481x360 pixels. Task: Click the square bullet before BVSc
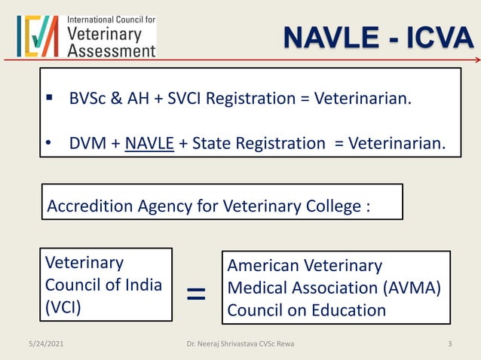pos(49,99)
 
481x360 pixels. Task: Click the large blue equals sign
pos(195,292)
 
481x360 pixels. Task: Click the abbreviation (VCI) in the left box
pos(64,308)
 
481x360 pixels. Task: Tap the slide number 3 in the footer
pos(449,344)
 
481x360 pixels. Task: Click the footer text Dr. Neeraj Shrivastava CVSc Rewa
pos(240,344)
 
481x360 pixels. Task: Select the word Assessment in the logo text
pos(111,50)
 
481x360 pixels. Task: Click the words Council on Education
pos(307,310)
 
